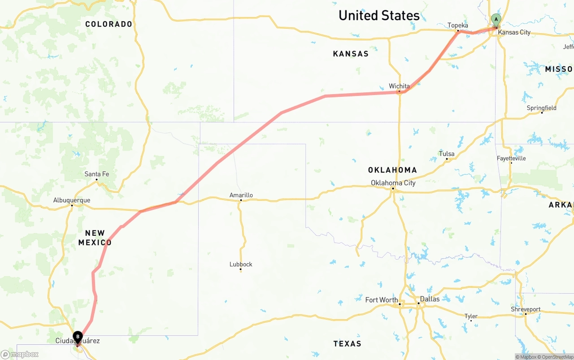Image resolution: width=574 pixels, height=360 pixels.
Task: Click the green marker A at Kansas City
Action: [x=496, y=20]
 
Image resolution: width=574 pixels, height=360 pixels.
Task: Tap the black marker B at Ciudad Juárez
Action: [x=78, y=337]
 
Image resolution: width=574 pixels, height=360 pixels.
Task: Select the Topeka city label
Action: [x=457, y=26]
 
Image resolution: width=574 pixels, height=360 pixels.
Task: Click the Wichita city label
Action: [x=399, y=86]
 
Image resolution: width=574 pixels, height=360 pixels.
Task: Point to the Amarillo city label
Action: [x=241, y=195]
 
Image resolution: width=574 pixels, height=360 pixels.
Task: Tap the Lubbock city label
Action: [x=241, y=265]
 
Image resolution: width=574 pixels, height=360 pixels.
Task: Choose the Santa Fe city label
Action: [x=96, y=174]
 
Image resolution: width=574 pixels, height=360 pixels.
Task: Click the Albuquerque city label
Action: [x=72, y=200]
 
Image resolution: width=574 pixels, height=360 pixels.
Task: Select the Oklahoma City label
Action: [x=393, y=183]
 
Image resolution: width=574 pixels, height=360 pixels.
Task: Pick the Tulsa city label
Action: [x=447, y=154]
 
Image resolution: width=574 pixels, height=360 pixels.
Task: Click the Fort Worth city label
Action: [x=381, y=300]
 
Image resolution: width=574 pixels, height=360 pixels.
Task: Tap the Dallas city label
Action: [x=430, y=299]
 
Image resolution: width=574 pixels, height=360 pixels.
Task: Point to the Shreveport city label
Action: [x=526, y=309]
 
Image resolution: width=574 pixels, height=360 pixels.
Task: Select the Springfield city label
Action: [x=541, y=108]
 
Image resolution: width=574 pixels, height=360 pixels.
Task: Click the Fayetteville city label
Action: [x=511, y=158]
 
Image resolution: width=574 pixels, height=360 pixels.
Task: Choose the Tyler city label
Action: [x=471, y=316]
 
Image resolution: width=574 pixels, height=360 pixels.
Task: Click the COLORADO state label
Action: [x=109, y=24]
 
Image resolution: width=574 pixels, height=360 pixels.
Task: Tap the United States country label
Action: [x=379, y=16]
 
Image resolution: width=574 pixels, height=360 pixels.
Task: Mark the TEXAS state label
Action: [x=347, y=344]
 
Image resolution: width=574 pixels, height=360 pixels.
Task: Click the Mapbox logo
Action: [x=20, y=354]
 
